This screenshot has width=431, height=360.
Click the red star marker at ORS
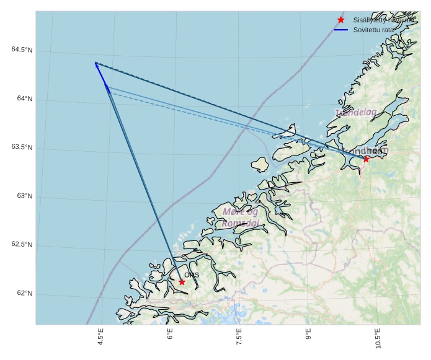pos(182,282)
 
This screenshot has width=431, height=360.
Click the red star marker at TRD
pos(366,159)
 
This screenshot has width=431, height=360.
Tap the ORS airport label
pos(192,274)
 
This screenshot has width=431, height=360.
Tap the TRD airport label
pos(376,152)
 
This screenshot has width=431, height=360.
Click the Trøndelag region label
pos(356,112)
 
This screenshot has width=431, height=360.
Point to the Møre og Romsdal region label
pos(241,217)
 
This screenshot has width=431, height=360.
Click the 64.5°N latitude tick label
pos(22,50)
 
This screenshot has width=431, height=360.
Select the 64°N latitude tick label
pos(24,99)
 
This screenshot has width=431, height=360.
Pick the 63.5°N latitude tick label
pos(22,147)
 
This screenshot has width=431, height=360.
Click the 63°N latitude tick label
pos(24,196)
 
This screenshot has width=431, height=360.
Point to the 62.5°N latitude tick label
pos(22,245)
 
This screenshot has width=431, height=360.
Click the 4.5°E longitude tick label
pos(100,340)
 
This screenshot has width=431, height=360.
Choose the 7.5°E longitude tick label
pos(239,340)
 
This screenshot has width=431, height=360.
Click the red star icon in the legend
pos(340,20)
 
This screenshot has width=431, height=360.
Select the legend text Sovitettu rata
pos(373,30)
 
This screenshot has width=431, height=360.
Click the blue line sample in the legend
pos(340,30)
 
